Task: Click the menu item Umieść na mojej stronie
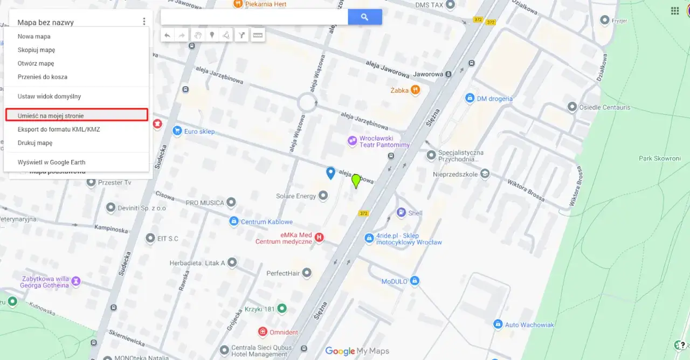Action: point(51,116)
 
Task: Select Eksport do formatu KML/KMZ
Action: point(59,129)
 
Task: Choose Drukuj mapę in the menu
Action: point(35,143)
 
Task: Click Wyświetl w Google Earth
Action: point(51,162)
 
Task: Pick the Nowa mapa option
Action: point(34,37)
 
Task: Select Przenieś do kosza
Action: point(43,77)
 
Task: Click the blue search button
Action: point(364,17)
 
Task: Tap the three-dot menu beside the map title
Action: point(144,22)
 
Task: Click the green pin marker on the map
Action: point(356,181)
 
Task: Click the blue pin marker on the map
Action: point(331,172)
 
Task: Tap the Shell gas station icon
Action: point(401,213)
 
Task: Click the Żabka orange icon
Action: point(415,90)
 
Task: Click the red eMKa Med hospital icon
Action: point(319,238)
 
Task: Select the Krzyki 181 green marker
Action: point(281,309)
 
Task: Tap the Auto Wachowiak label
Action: point(529,324)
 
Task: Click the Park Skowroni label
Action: point(660,158)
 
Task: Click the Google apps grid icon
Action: point(674,11)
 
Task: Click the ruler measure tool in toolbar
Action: point(258,36)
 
